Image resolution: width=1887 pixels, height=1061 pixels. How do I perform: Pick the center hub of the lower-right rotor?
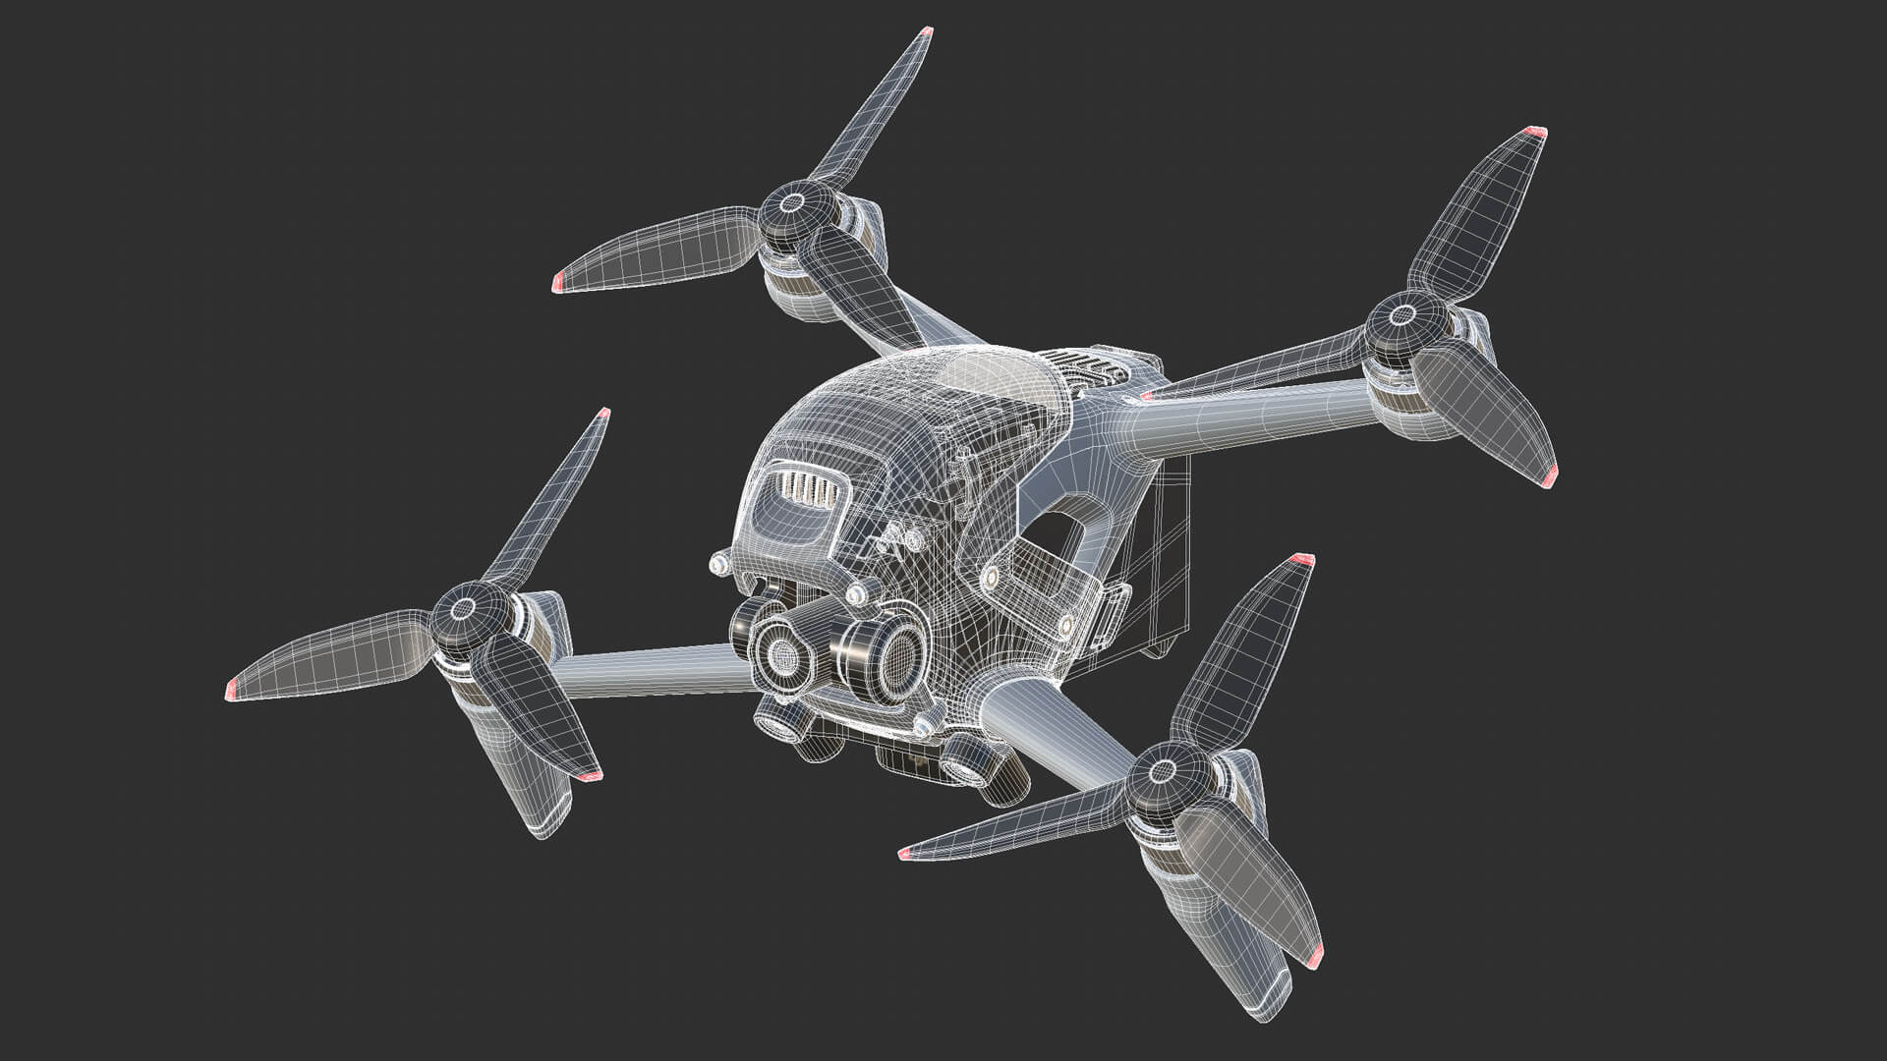pyautogui.click(x=1163, y=772)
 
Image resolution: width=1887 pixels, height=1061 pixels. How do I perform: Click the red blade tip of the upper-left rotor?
pyautogui.click(x=556, y=284)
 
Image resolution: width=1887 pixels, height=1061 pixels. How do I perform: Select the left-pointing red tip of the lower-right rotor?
pyautogui.click(x=904, y=856)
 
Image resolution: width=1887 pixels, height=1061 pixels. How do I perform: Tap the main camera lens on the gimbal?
pyautogui.click(x=782, y=652)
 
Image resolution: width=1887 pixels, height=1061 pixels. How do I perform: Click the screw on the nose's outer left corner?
pyautogui.click(x=718, y=564)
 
